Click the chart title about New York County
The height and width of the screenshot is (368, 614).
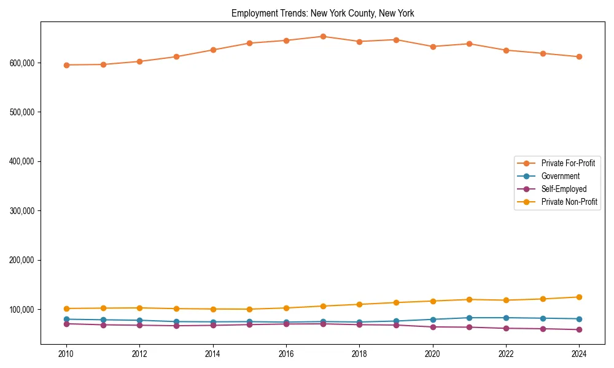(322, 13)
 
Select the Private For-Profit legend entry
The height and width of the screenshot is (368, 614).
(568, 163)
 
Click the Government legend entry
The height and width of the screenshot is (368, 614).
(560, 176)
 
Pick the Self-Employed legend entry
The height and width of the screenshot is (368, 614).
(564, 189)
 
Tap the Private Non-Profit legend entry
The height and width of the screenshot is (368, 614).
(569, 202)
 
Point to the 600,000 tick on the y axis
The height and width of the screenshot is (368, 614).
(22, 63)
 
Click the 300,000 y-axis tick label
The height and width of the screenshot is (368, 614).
(22, 210)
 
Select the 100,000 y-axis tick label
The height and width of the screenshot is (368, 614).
(22, 309)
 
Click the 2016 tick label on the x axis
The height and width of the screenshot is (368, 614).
(286, 354)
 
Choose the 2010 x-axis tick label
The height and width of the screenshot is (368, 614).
(66, 354)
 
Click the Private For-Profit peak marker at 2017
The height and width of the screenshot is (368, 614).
(323, 36)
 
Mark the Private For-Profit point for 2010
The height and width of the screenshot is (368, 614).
(66, 65)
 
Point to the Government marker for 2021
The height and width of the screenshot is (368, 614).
(469, 318)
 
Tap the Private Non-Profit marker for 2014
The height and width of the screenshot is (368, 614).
(213, 309)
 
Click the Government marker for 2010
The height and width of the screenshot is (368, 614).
(66, 319)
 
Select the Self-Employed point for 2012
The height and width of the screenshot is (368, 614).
(139, 325)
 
